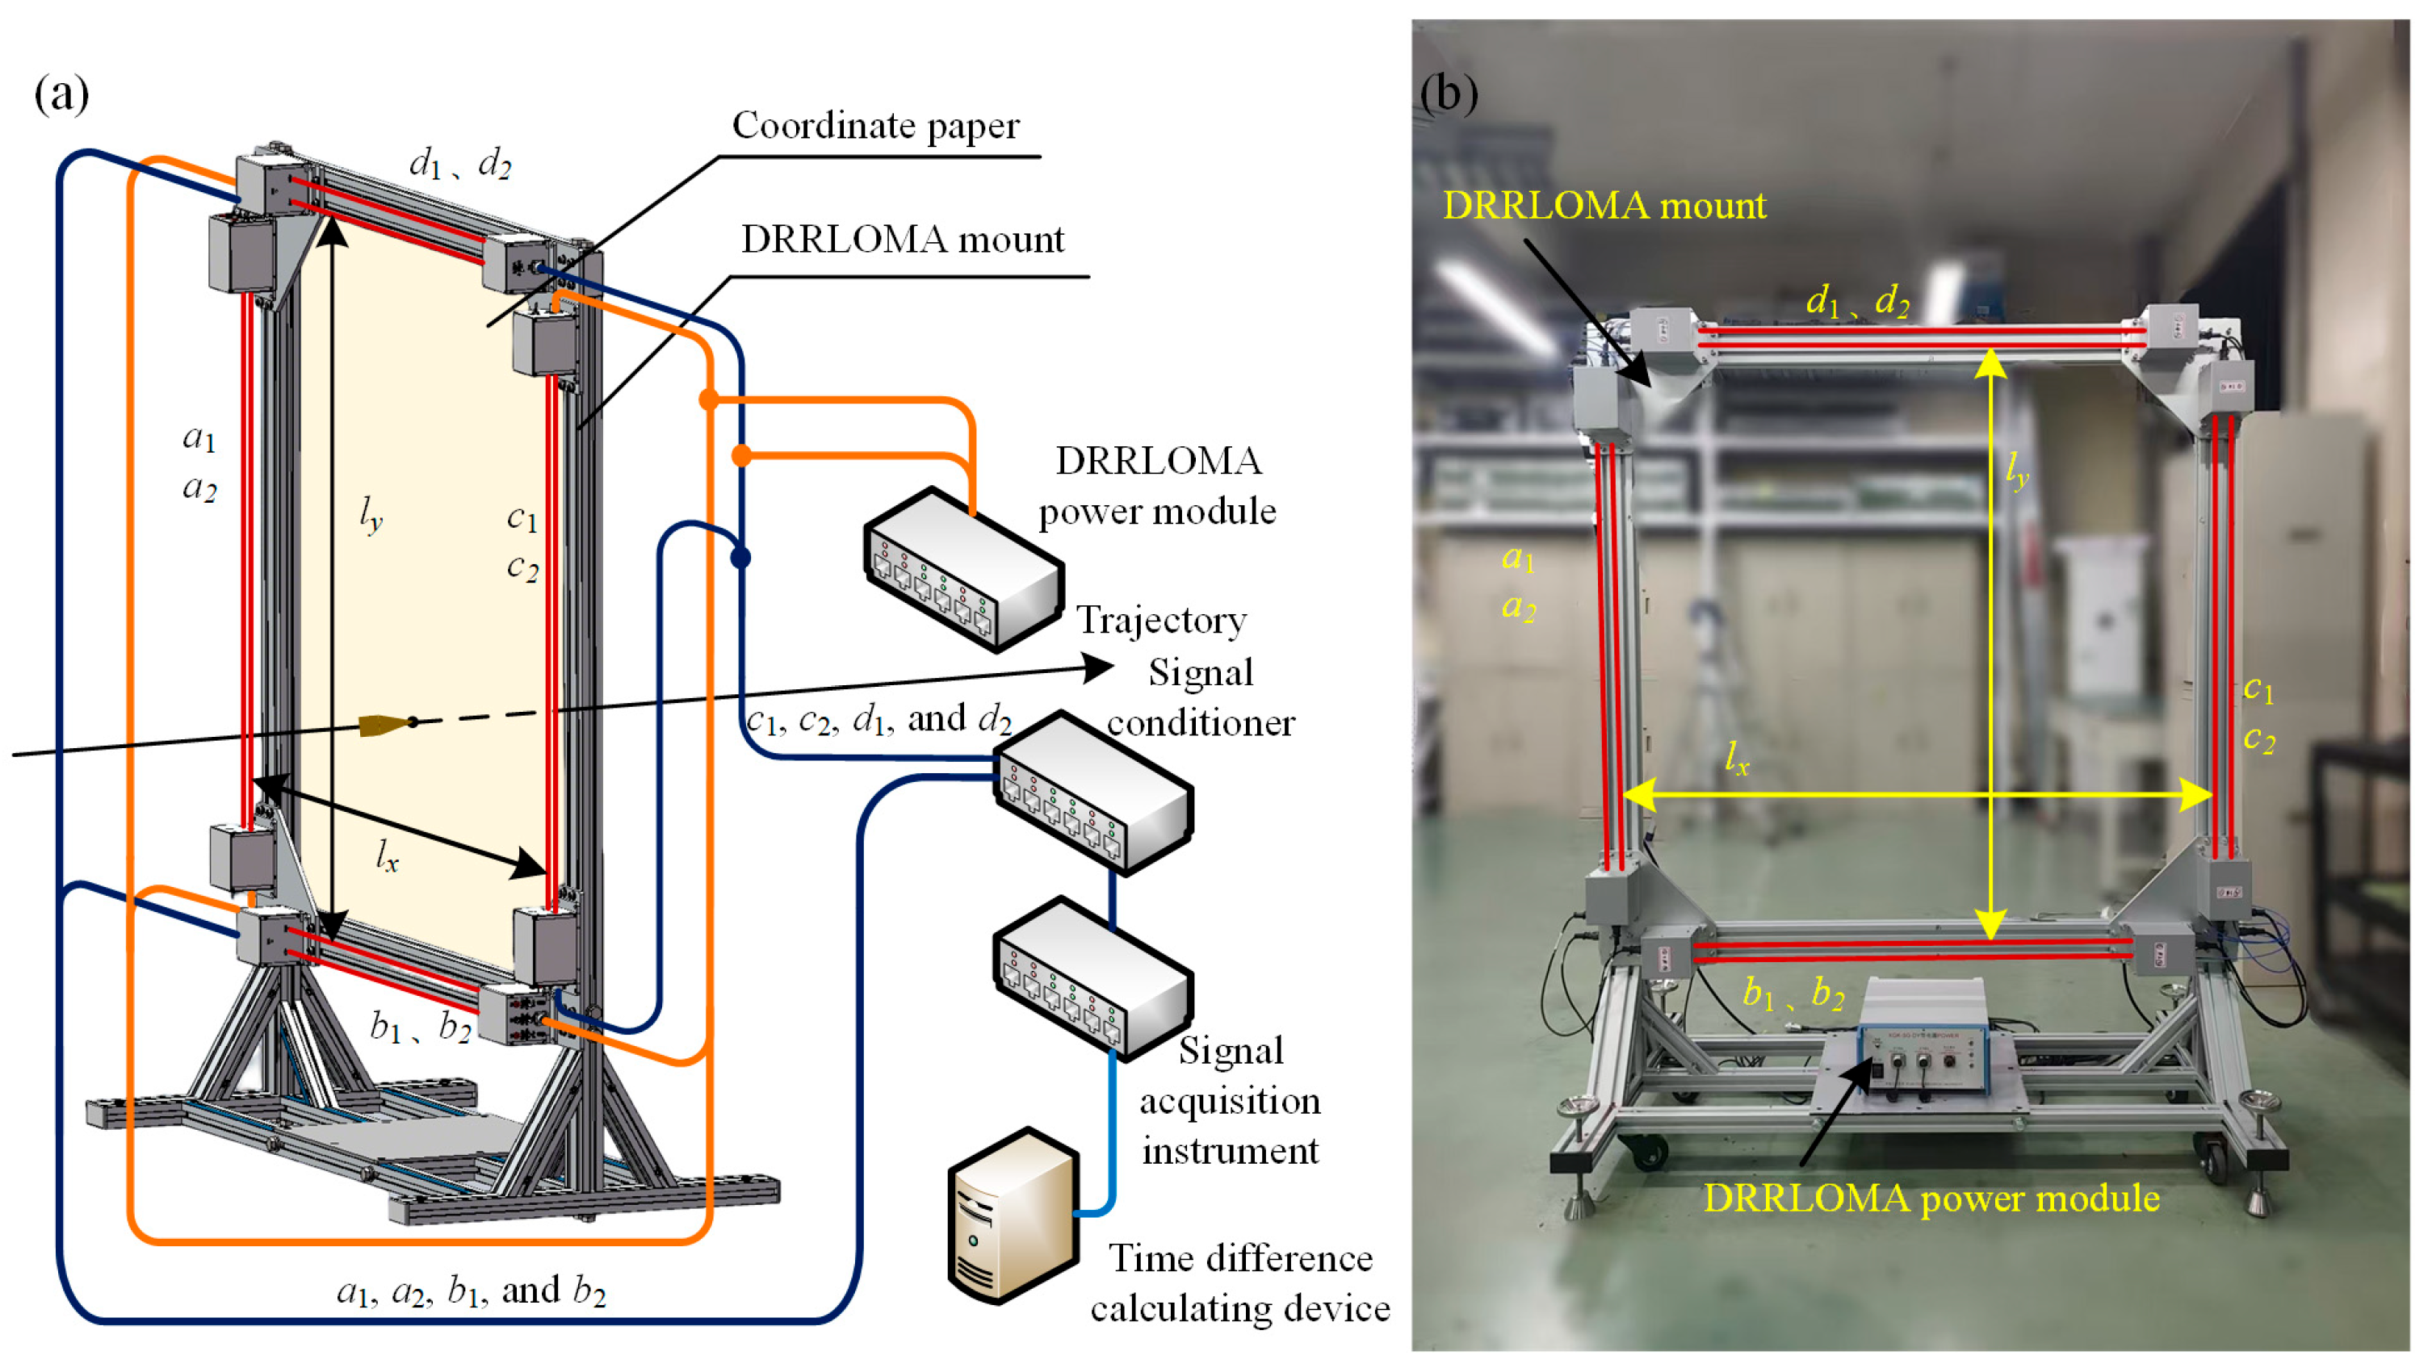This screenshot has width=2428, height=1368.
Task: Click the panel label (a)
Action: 61,94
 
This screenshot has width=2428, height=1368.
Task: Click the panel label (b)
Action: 1449,94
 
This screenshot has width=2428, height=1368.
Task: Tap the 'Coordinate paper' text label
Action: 874,125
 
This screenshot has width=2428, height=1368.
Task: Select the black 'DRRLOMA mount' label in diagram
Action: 902,240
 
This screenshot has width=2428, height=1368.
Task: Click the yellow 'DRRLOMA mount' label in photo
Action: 1604,205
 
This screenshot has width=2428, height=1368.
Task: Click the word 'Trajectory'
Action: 1161,620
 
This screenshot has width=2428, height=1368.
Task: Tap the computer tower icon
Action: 1013,1215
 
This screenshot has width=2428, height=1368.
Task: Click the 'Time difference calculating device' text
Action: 1239,1283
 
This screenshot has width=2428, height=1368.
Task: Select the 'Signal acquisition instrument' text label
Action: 1230,1100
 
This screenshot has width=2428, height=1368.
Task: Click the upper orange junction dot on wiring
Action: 709,400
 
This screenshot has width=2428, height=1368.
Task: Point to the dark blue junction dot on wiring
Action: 741,558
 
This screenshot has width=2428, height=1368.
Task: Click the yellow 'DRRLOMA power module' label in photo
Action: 1931,1199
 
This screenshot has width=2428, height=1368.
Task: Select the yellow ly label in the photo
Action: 2016,468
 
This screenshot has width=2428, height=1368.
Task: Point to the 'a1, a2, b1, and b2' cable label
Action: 472,1290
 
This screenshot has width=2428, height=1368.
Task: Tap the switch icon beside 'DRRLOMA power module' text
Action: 963,569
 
